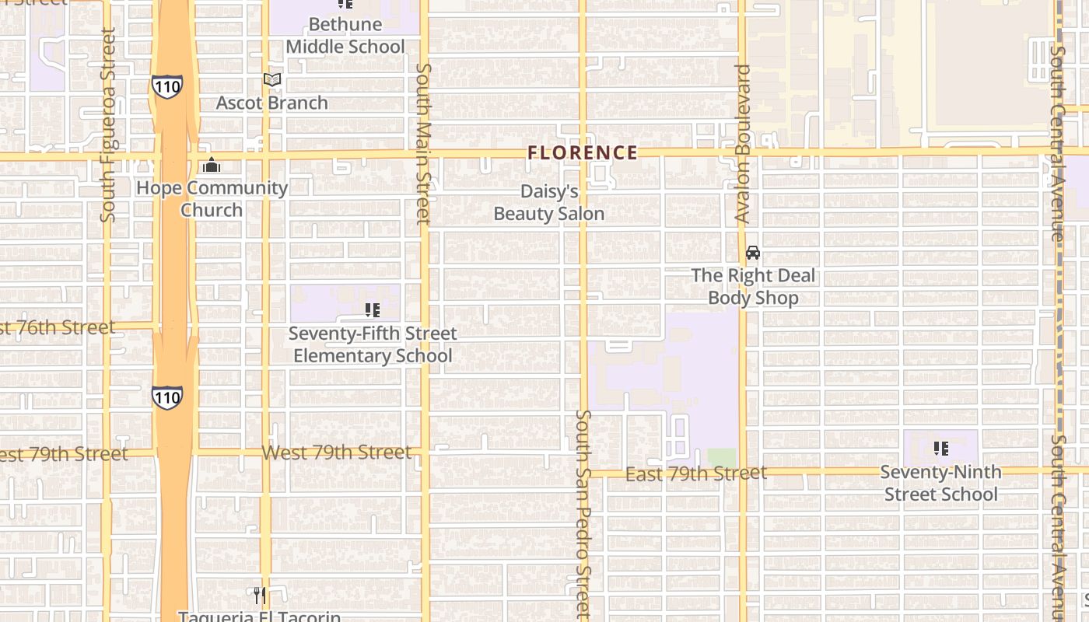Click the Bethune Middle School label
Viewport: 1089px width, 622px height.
click(x=345, y=36)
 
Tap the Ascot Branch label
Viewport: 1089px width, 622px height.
click(x=271, y=103)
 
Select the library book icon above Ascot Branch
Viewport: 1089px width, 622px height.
click(x=271, y=79)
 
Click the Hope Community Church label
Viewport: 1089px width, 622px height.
click(x=212, y=199)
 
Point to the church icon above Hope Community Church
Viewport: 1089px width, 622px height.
click(x=212, y=165)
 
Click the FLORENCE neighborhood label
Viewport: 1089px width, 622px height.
click(x=583, y=152)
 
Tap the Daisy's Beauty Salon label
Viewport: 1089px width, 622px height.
click(x=549, y=203)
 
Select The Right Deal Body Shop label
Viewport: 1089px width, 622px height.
click(x=753, y=286)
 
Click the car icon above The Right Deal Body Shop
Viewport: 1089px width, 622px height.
click(x=752, y=253)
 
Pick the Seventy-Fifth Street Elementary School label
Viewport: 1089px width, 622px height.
click(x=373, y=344)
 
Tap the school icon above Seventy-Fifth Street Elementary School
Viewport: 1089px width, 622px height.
click(x=373, y=310)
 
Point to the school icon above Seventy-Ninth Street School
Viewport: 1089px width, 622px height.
click(x=941, y=449)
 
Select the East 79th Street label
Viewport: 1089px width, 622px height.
click(x=696, y=473)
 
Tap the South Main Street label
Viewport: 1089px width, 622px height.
click(x=423, y=144)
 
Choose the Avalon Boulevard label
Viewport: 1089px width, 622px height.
click(x=743, y=144)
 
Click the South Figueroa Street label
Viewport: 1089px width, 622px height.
click(x=108, y=124)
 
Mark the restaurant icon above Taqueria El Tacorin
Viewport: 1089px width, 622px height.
click(x=260, y=596)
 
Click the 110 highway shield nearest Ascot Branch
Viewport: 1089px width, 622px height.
click(x=168, y=86)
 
